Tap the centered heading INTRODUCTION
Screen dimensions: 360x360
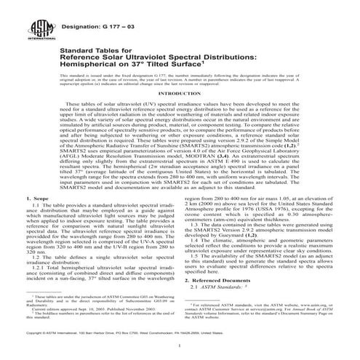coord(179,114)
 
